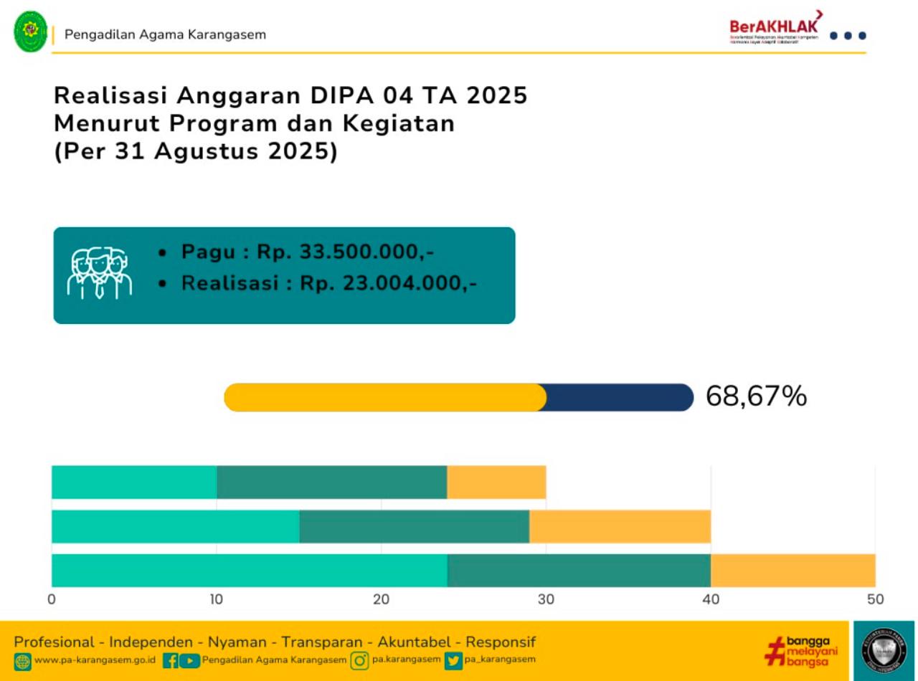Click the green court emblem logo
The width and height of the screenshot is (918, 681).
(30, 32)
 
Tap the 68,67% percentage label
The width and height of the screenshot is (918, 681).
(756, 396)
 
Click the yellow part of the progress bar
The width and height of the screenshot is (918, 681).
(385, 397)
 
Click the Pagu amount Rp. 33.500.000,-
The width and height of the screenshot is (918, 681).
(346, 252)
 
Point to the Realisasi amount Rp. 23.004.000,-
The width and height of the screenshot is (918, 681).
(388, 283)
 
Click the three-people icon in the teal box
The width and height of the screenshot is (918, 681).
(100, 272)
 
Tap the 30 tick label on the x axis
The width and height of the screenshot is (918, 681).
(546, 599)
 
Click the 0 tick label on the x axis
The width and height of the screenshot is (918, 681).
(52, 599)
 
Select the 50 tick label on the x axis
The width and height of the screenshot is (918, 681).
(875, 599)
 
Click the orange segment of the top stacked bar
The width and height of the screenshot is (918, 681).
(496, 482)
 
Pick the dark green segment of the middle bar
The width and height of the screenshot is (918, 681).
(414, 526)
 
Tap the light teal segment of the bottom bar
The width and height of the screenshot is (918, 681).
(249, 570)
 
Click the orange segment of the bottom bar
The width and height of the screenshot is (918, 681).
(792, 570)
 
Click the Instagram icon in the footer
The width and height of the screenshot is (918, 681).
(359, 660)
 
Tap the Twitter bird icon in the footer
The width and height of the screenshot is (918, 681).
(453, 660)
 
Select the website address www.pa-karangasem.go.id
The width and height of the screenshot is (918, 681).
(95, 660)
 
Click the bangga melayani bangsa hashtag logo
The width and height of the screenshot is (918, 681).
(800, 649)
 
